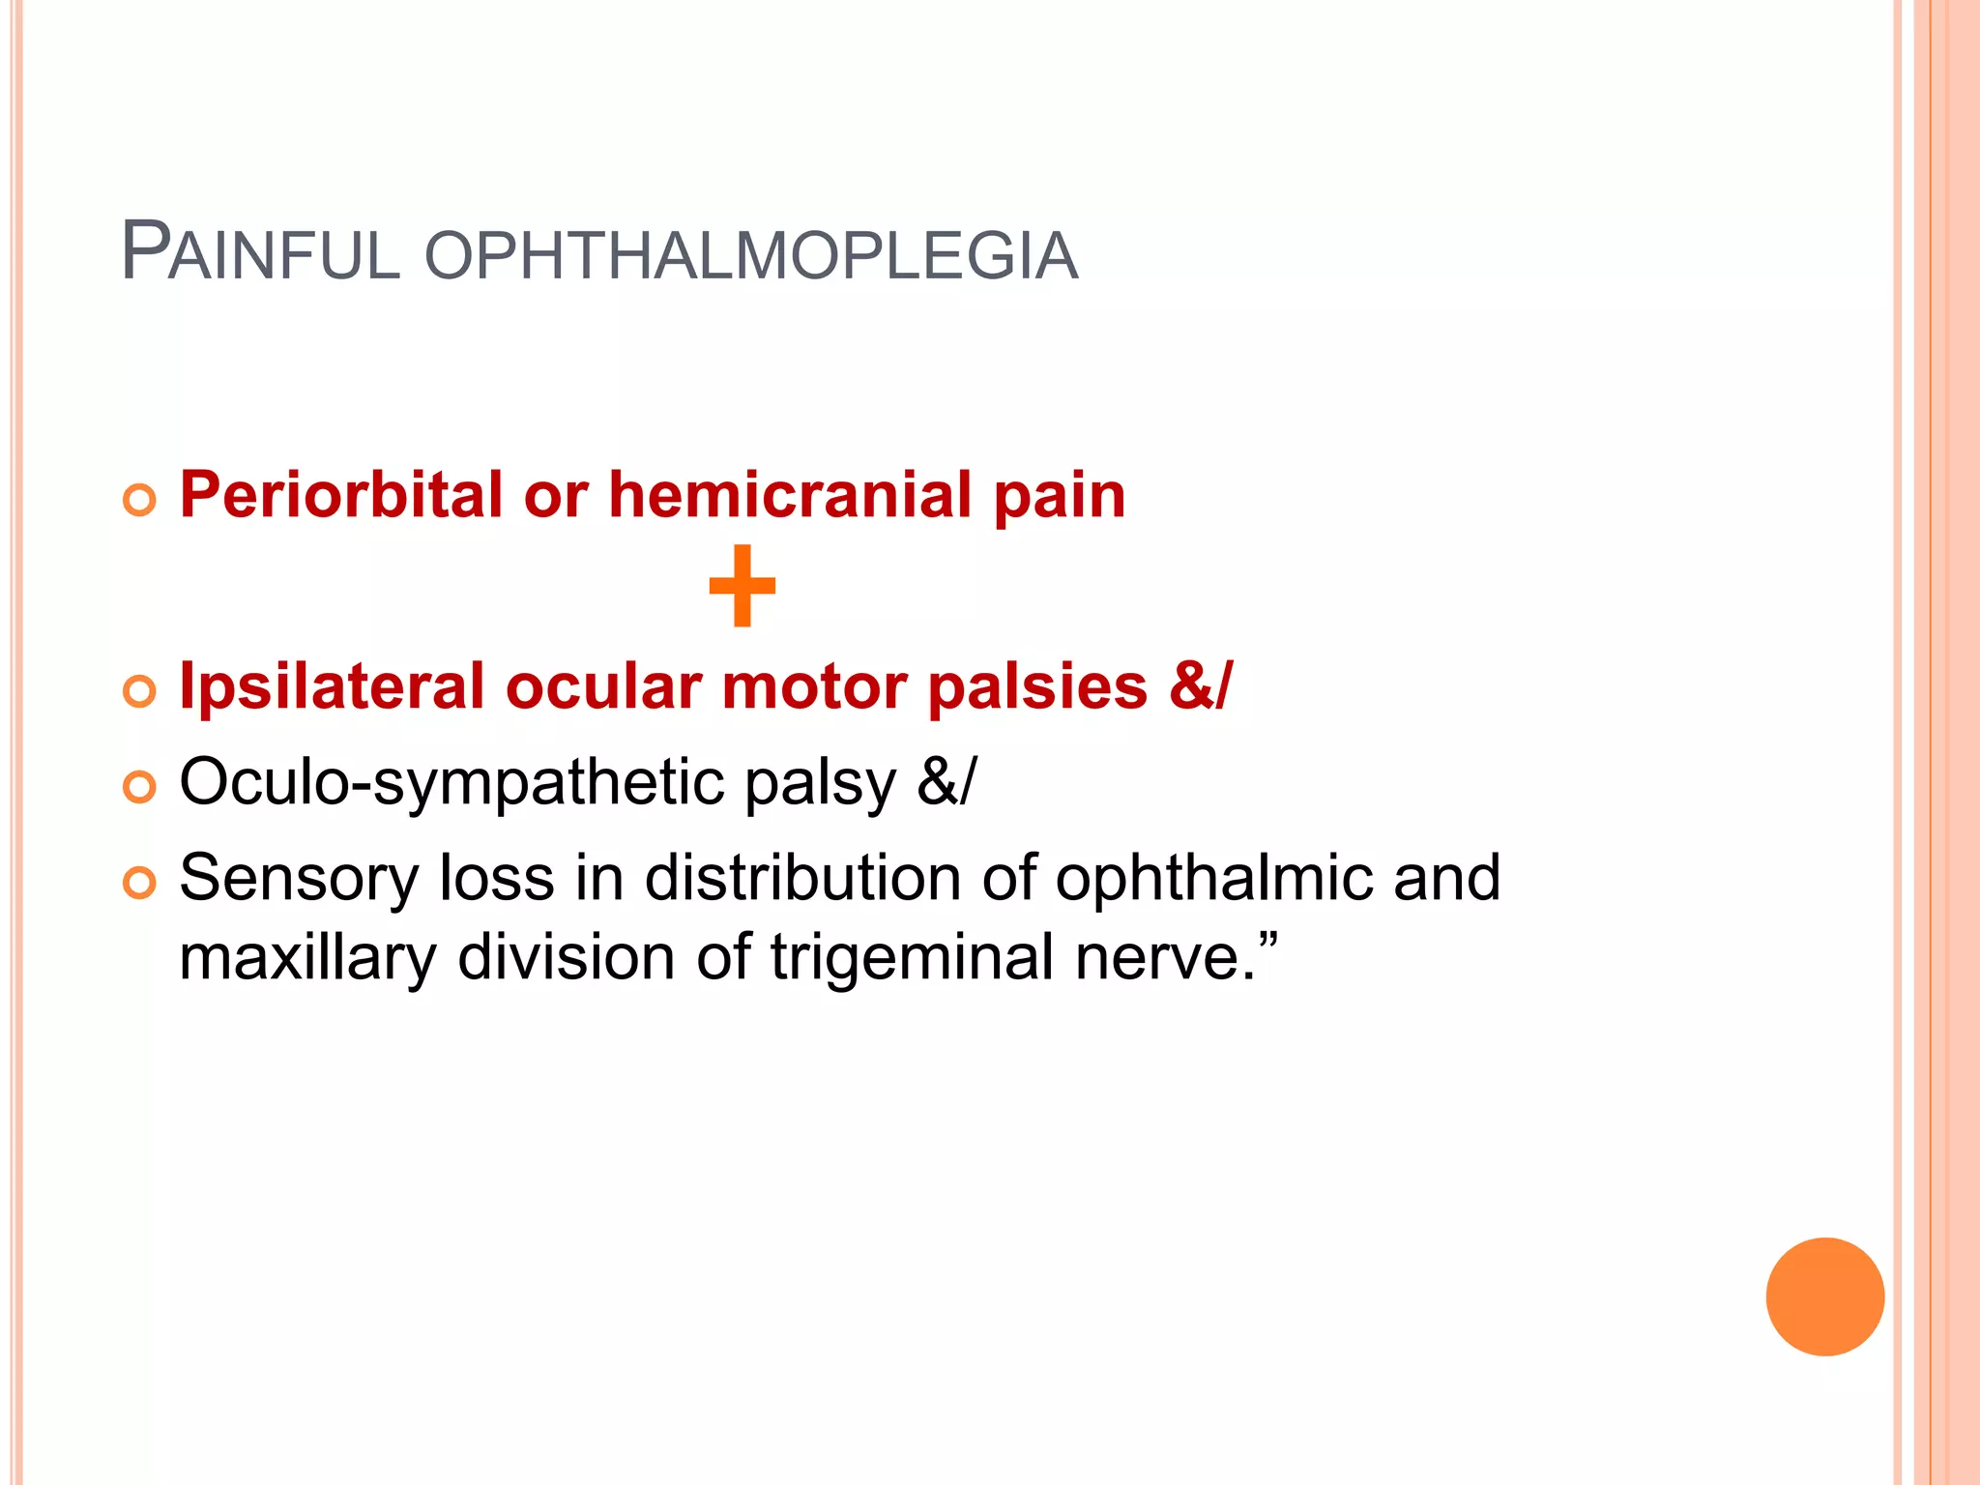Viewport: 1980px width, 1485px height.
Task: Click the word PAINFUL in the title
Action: tap(260, 253)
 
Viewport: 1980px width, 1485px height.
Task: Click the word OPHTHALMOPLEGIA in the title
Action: tap(750, 256)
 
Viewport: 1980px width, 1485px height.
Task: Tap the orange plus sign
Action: tap(742, 586)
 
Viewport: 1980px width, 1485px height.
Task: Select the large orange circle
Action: tap(1824, 1296)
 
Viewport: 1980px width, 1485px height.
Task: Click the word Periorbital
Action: tap(341, 495)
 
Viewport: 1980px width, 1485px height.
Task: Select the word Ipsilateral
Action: tap(332, 686)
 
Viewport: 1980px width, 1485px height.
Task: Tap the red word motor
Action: tap(814, 686)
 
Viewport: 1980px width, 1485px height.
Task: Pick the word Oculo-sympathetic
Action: tap(451, 783)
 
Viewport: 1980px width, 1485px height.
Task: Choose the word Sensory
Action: tap(299, 880)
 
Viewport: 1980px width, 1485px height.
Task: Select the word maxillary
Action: tap(307, 959)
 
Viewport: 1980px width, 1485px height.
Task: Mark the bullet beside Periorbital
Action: tap(140, 501)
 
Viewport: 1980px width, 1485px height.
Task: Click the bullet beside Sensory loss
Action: tap(140, 883)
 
